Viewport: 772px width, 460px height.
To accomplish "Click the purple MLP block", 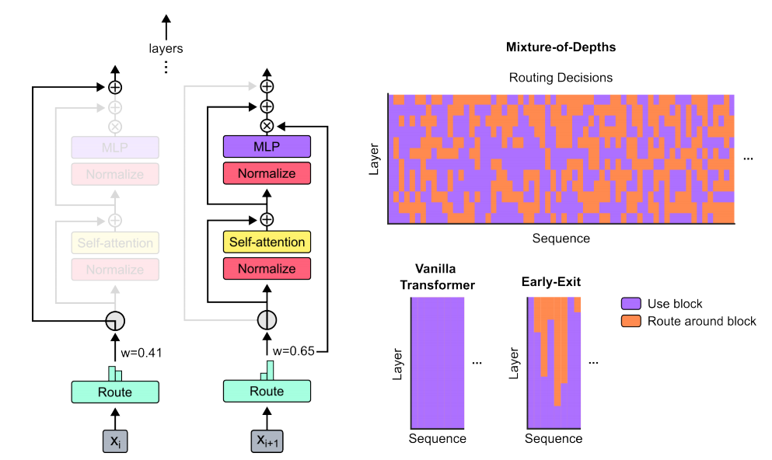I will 267,147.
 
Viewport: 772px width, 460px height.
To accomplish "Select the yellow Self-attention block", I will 267,242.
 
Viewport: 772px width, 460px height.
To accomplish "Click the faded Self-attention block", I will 115,243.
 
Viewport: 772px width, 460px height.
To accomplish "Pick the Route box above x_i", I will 115,392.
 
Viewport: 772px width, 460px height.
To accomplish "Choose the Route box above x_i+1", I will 267,392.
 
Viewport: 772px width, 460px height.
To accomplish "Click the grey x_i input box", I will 115,440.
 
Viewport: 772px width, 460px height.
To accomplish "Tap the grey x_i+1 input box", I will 267,440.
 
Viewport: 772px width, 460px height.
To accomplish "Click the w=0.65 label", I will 295,351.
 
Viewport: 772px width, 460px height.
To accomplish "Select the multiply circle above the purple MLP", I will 267,125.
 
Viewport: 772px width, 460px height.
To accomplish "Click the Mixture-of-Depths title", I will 561,47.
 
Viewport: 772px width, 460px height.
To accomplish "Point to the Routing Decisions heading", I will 561,78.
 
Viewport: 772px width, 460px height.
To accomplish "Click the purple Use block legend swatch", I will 631,304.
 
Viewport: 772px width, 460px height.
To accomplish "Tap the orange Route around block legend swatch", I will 631,321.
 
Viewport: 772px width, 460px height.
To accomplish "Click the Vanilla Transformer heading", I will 437,277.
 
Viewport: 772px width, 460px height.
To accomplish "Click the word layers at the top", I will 166,48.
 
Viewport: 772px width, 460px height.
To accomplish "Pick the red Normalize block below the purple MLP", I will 267,173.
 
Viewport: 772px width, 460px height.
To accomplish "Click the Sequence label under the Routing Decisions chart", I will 561,239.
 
